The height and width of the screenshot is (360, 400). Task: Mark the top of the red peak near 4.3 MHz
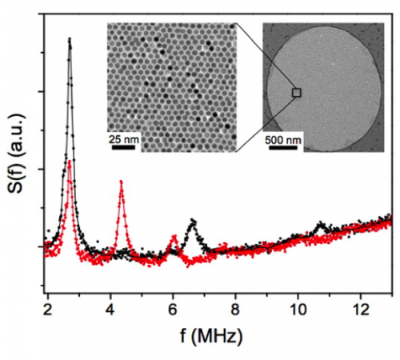[x=121, y=182]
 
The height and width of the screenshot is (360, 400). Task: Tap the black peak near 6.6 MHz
[x=192, y=220]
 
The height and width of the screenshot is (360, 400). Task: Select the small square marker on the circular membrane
[x=297, y=93]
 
